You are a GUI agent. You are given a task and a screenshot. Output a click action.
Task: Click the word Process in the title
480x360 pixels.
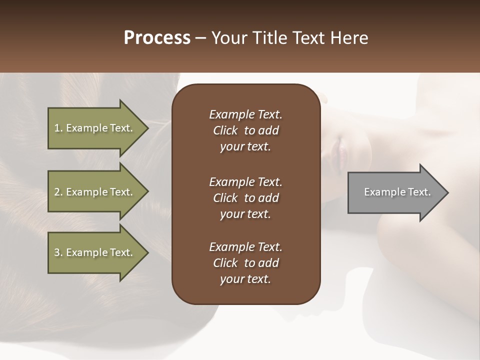coord(157,38)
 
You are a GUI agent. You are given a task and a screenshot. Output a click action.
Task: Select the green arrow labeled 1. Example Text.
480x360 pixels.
coord(95,128)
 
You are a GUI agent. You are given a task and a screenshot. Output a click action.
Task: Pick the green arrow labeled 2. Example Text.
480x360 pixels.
coord(95,192)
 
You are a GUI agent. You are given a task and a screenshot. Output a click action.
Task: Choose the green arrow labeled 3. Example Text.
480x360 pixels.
coord(95,252)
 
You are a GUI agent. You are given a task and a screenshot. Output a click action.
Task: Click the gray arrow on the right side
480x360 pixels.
coord(395,192)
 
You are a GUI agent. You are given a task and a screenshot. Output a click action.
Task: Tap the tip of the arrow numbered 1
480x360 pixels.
coord(147,128)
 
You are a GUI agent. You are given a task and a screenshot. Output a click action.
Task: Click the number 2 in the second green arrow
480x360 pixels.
coord(57,192)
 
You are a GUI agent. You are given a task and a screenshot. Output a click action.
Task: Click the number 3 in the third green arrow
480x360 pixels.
coord(57,252)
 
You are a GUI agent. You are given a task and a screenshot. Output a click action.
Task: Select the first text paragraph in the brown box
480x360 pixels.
coord(245,130)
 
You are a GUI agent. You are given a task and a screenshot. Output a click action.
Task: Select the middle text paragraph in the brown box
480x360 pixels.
coord(245,197)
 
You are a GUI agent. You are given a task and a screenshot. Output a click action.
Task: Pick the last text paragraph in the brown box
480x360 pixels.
coord(245,263)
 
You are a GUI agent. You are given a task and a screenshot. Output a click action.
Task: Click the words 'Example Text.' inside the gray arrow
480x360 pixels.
coord(397,192)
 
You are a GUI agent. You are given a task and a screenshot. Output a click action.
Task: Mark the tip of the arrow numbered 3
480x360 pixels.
coord(147,252)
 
